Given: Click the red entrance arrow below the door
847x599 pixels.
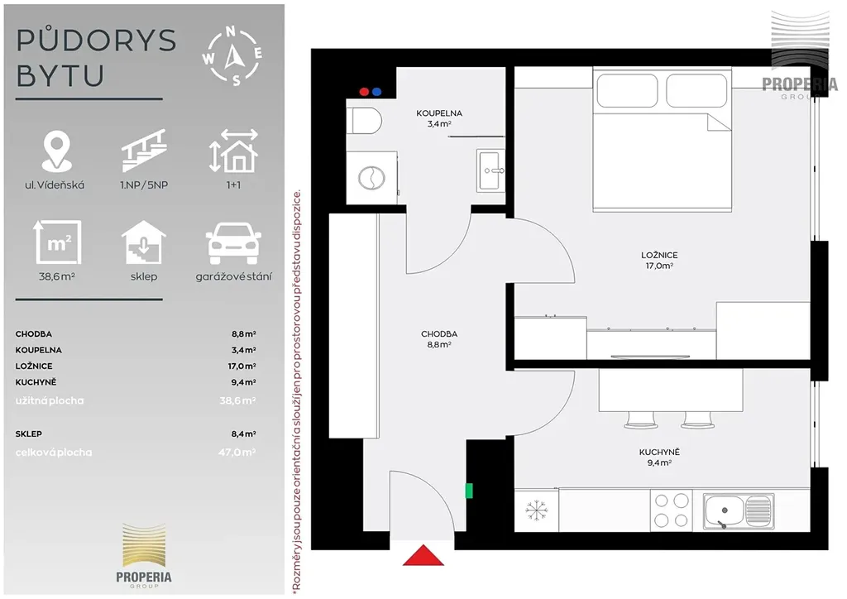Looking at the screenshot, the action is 423,556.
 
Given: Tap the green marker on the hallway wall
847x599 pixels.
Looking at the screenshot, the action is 469,491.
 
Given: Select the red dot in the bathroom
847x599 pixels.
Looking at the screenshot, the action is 364,92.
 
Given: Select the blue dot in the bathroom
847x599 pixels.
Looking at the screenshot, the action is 376,92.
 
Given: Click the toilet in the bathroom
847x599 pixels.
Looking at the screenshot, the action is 364,121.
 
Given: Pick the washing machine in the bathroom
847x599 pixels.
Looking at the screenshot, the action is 371,178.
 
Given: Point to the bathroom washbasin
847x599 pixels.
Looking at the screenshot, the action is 491,170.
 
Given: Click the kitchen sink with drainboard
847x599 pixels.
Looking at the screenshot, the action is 739,511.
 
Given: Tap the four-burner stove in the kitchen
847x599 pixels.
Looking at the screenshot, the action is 672,510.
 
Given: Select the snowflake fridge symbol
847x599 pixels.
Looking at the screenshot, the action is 536,510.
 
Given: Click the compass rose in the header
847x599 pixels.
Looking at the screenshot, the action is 232,56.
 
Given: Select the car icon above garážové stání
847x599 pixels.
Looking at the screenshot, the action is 233,243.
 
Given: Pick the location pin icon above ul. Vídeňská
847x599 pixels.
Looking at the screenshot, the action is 56,151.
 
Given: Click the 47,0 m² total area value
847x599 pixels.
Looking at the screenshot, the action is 237,452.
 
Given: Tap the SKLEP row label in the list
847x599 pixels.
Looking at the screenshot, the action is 29,434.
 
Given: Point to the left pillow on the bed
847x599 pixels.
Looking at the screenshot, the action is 627,90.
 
